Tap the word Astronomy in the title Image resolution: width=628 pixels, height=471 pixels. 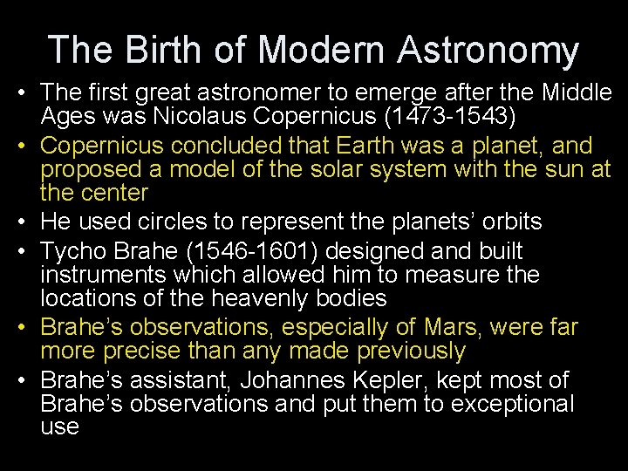[x=488, y=50]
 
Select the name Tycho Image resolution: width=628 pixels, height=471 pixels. [x=74, y=251]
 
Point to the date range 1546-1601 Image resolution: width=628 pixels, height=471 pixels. [x=246, y=251]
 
